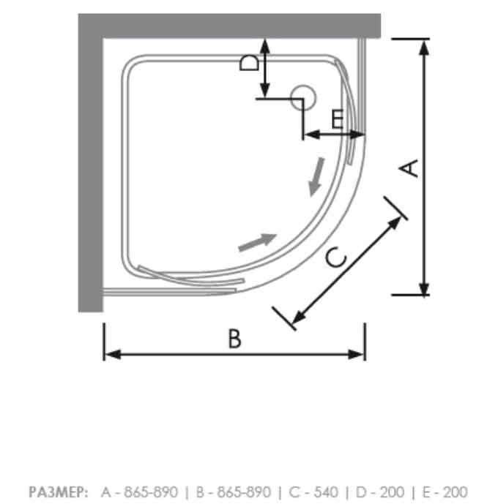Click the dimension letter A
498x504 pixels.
coord(412,168)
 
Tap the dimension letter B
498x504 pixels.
coord(234,338)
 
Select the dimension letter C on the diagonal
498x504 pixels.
coord(335,258)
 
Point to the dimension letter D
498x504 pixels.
coord(249,62)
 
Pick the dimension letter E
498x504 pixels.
coord(337,119)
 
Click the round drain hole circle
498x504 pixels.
coord(301,97)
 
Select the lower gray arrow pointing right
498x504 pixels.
coord(258,241)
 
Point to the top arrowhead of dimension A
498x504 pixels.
coord(423,45)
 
